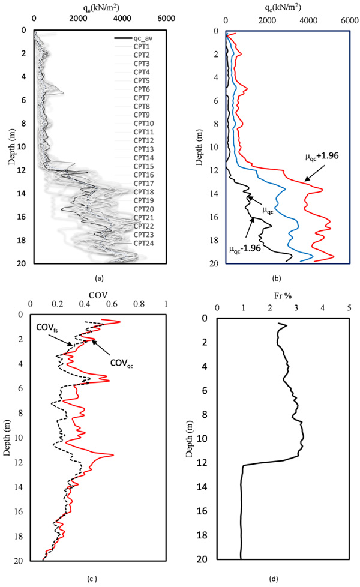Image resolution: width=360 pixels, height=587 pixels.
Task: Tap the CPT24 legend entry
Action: [142, 243]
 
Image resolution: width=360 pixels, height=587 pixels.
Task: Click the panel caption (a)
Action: [100, 278]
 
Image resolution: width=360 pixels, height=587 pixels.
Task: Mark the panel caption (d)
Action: [274, 579]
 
